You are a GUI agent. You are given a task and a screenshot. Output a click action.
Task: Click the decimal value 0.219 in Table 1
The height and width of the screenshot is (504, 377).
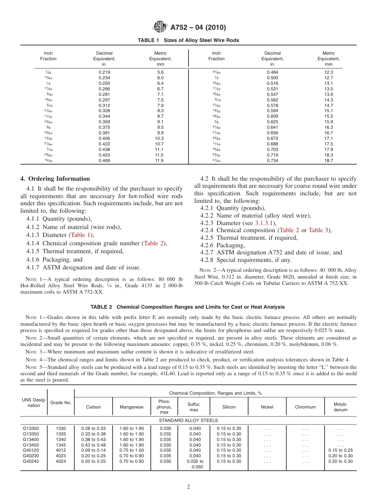[104, 72]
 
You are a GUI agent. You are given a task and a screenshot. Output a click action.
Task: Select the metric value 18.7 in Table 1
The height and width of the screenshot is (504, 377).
[328, 161]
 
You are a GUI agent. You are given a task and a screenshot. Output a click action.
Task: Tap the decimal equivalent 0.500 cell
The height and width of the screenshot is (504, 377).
[272, 78]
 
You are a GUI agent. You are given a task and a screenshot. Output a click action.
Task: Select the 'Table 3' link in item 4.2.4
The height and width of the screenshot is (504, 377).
[318, 231]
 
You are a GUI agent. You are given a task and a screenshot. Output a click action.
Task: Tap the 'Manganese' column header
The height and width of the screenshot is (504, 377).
[131, 407]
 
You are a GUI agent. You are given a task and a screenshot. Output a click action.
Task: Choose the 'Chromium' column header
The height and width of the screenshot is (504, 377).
[305, 407]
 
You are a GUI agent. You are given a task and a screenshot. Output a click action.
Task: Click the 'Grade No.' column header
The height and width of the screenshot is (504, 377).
[61, 403]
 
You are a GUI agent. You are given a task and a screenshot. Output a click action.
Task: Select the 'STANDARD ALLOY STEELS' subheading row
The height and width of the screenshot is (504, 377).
[188, 420]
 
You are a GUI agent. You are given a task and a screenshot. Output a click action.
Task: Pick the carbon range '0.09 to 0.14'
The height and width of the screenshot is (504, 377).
[93, 451]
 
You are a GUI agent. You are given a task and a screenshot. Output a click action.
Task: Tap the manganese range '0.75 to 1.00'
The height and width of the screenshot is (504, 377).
[131, 451]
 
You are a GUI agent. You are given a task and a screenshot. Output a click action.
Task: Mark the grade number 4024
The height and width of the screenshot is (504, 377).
[61, 461]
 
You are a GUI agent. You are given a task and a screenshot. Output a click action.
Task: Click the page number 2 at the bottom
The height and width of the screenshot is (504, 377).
[188, 487]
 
